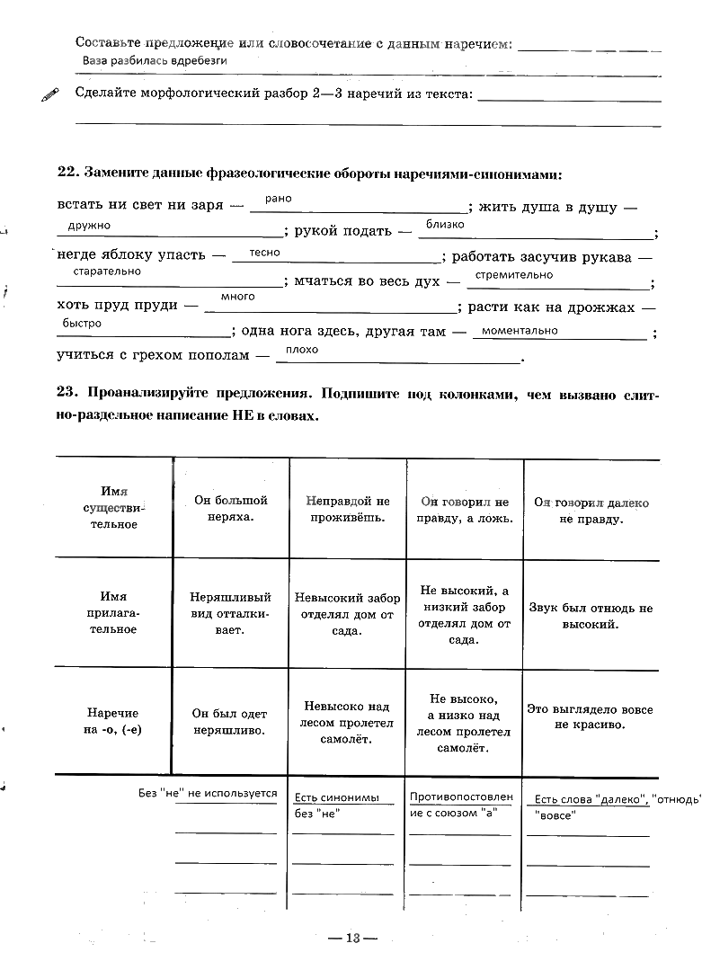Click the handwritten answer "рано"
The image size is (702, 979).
tap(279, 199)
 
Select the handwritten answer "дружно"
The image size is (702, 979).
tap(89, 226)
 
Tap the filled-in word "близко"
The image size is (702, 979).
tap(446, 225)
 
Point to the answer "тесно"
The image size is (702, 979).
tap(265, 253)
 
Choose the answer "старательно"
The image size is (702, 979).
tap(107, 271)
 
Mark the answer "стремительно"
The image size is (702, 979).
tap(514, 275)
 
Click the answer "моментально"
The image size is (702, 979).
tap(520, 331)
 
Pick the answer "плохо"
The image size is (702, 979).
tap(302, 350)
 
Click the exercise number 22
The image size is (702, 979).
tap(66, 172)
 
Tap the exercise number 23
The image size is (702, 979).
tap(66, 394)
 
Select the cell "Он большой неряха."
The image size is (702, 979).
tap(231, 509)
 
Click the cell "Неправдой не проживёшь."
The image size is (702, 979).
tap(348, 509)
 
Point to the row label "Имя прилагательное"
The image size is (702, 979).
tap(114, 612)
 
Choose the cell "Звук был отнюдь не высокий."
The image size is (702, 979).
tap(591, 616)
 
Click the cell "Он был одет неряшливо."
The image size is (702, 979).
tap(231, 722)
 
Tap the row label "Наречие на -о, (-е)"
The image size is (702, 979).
tap(114, 720)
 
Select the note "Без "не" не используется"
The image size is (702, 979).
tap(208, 794)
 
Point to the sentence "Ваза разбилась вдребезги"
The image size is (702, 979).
tap(154, 60)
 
